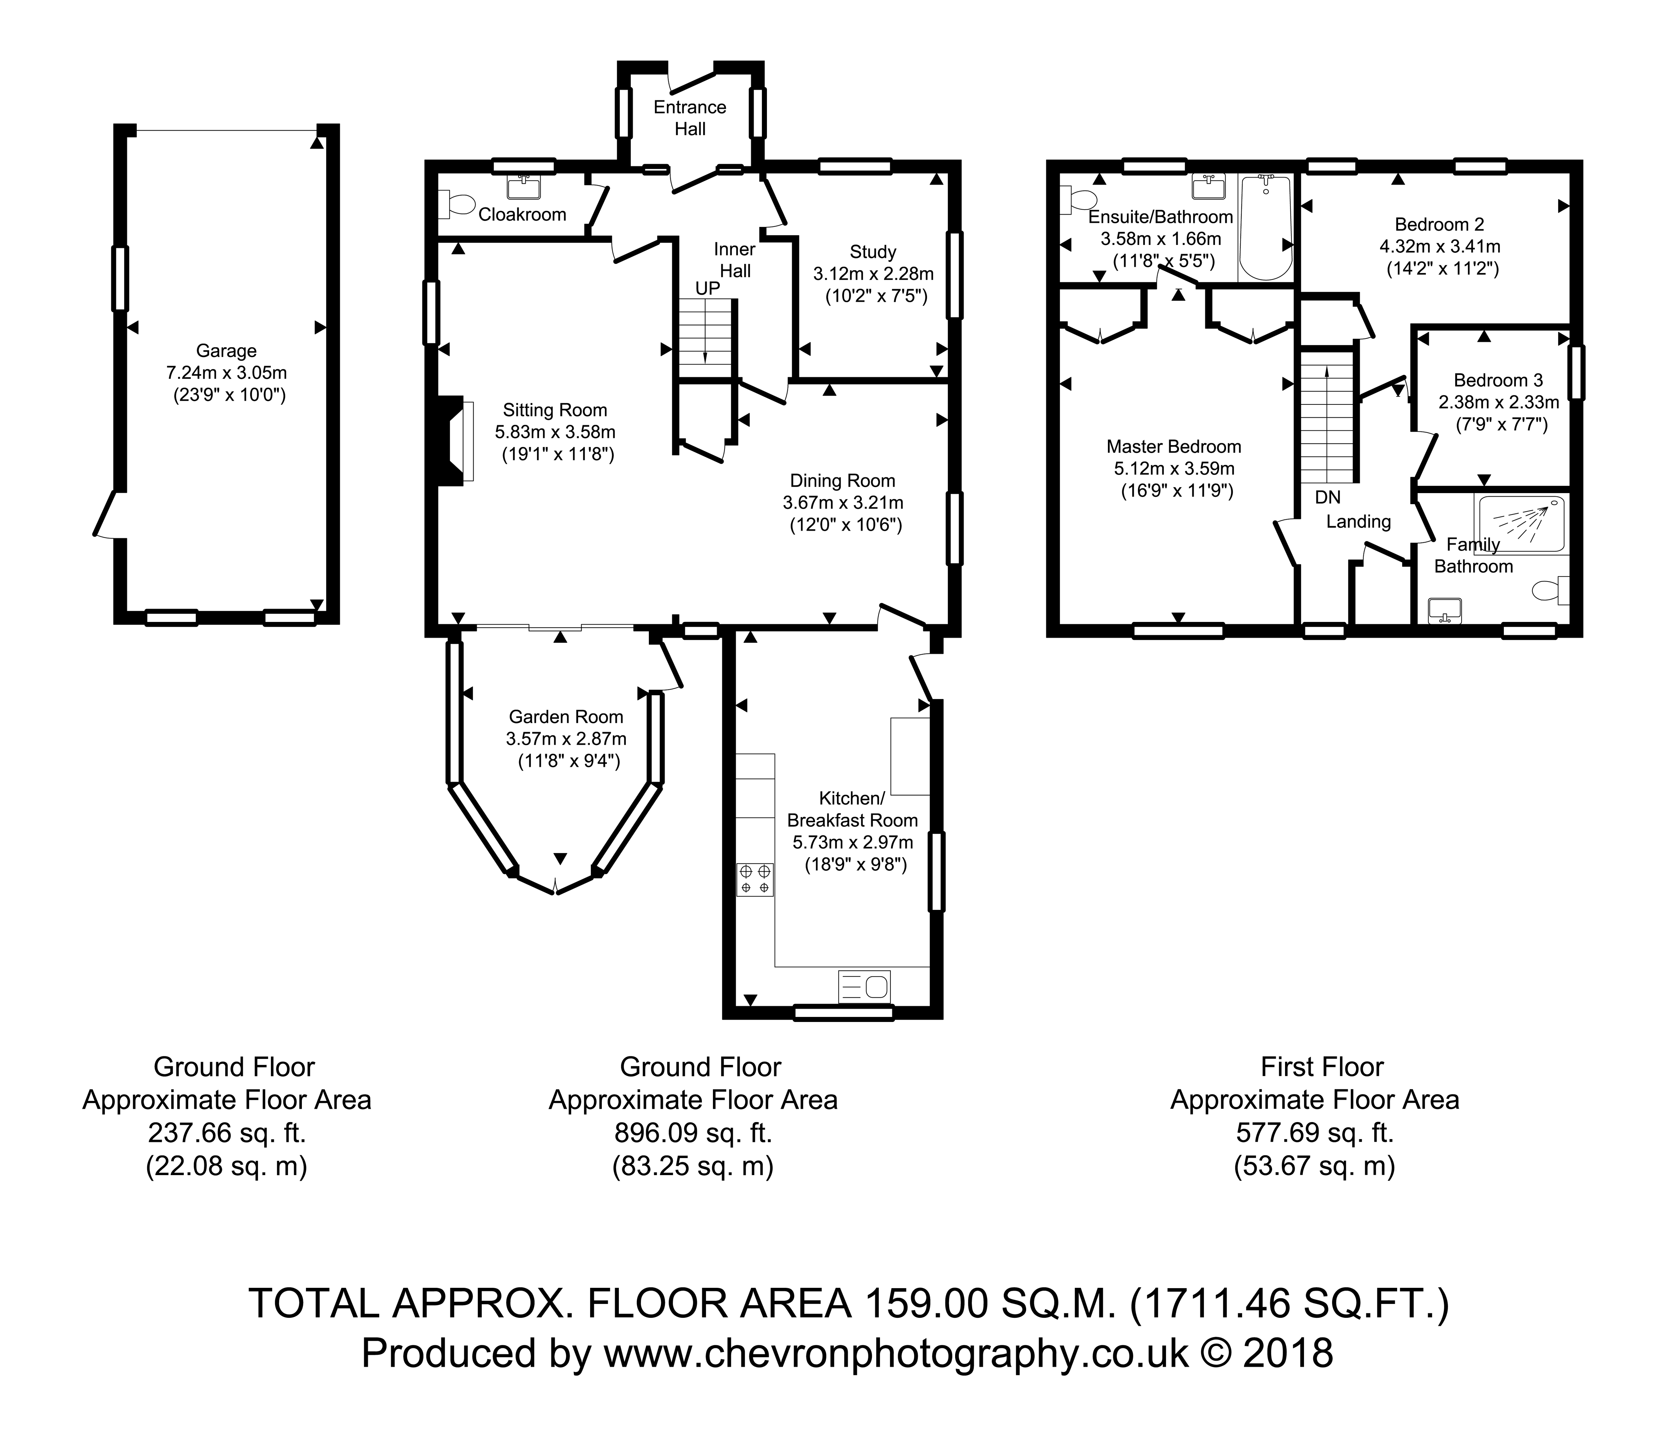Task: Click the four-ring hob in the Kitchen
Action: tap(754, 879)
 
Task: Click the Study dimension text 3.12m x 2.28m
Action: tap(873, 274)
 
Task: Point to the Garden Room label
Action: tap(566, 716)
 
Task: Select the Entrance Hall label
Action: tap(690, 117)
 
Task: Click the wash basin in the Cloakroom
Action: tap(522, 188)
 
